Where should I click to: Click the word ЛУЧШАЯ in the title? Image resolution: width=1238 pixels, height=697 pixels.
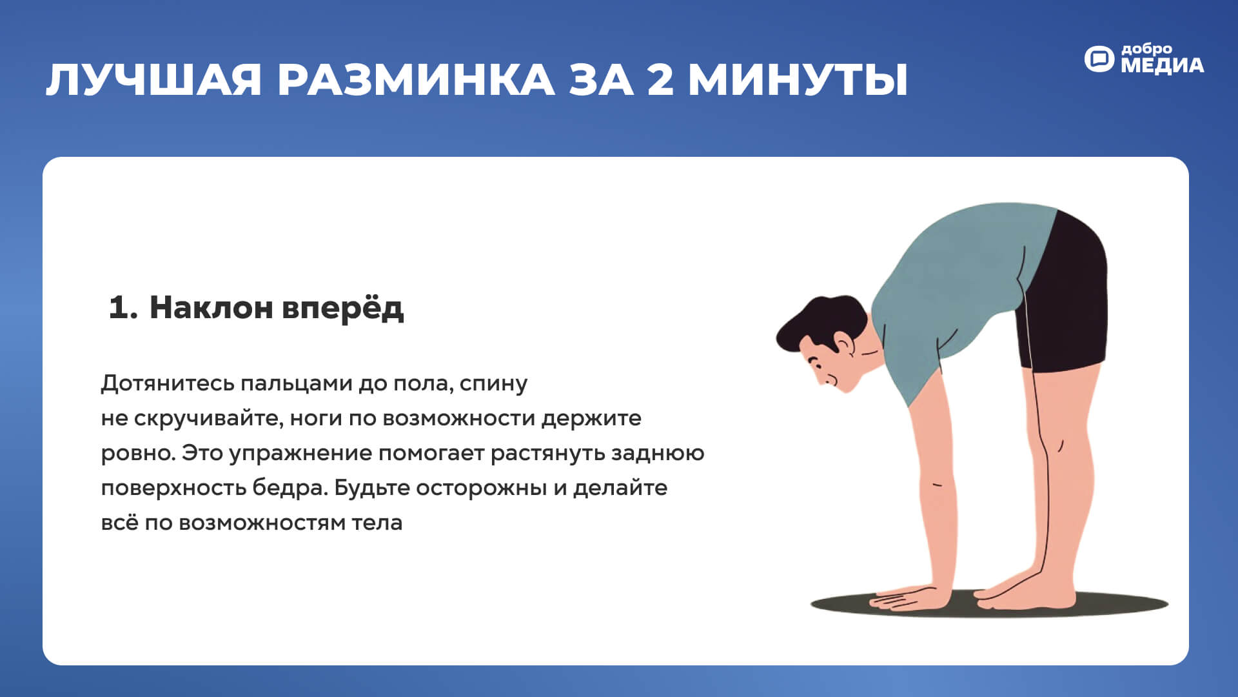[154, 80]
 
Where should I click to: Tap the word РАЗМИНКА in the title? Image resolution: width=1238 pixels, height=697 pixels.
[416, 80]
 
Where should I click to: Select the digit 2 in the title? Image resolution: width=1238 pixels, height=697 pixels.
[660, 80]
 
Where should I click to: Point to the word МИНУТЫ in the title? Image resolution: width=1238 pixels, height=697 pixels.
[798, 80]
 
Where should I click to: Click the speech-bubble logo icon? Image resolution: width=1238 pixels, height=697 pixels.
[1099, 59]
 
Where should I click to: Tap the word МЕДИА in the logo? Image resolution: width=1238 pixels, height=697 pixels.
[1162, 65]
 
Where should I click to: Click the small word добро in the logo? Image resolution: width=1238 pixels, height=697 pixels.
[1146, 49]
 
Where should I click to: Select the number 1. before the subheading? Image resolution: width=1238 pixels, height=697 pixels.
[123, 307]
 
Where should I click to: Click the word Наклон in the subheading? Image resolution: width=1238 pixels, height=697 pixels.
[211, 307]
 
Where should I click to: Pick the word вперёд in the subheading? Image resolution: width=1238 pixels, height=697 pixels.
[343, 308]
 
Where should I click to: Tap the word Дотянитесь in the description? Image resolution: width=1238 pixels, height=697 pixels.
[168, 384]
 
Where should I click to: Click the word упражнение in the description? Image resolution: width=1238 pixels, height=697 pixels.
[300, 454]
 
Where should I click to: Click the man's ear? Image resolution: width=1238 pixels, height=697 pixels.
[843, 343]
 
